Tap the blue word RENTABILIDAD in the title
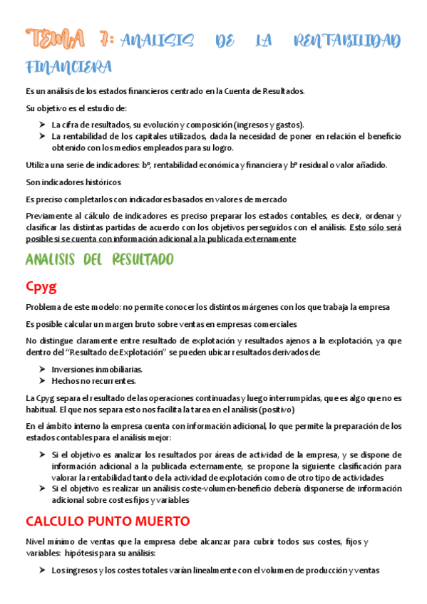347,41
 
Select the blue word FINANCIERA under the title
68,68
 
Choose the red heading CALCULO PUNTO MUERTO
107,520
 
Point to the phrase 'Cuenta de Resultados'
263,91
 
